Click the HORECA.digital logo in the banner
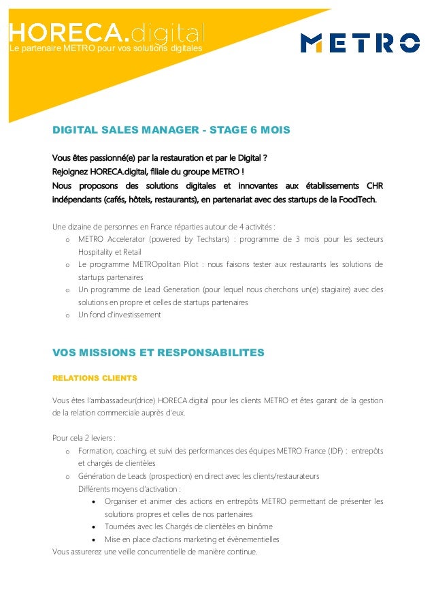point(106,32)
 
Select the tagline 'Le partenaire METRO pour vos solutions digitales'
point(105,48)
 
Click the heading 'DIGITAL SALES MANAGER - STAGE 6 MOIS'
point(171,130)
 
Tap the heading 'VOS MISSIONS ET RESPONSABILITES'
point(158,353)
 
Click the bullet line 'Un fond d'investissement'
point(119,315)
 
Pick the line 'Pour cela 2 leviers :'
point(84,437)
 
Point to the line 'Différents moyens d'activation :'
point(129,488)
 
